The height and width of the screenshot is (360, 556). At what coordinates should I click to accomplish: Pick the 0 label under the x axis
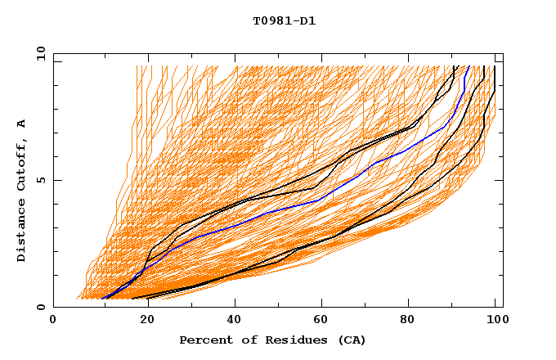(54, 320)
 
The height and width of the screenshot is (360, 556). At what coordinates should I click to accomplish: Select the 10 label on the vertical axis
(38, 53)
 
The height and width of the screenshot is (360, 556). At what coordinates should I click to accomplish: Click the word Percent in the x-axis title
(204, 340)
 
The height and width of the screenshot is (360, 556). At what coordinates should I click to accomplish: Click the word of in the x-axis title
(244, 340)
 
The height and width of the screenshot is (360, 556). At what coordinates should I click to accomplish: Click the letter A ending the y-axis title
(22, 124)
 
